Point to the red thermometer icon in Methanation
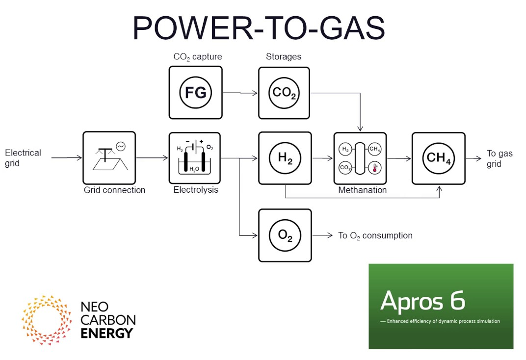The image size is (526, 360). pos(375,168)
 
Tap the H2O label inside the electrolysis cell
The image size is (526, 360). pos(194,169)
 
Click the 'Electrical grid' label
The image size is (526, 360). pos(23,158)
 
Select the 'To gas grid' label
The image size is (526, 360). pos(500,158)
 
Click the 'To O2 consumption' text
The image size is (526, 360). pos(375,235)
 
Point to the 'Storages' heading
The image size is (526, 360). pos(284,56)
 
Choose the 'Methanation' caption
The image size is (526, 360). pos(362,190)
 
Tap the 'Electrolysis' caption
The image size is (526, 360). pos(196,190)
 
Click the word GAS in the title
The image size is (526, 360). pos(352,28)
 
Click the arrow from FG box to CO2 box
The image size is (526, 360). pos(240,93)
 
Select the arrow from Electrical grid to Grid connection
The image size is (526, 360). pos(66,157)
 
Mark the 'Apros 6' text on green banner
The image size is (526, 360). pos(422,301)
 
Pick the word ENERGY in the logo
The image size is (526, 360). pos(106,334)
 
